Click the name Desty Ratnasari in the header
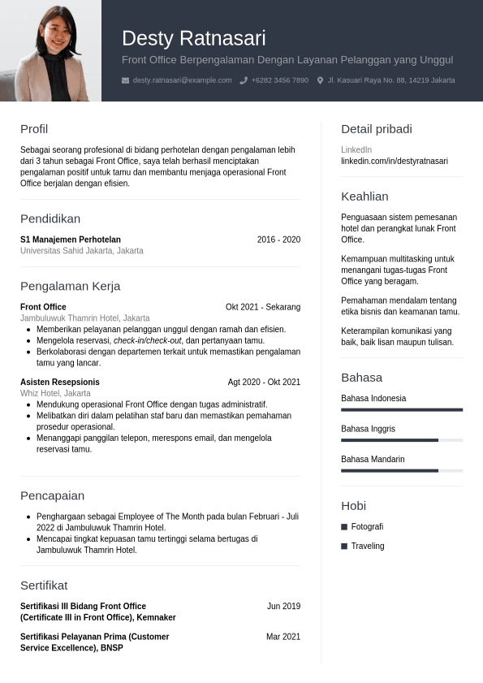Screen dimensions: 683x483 click(193, 38)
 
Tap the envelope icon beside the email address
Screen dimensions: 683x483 click(125, 80)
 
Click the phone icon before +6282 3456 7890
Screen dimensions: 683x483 click(244, 80)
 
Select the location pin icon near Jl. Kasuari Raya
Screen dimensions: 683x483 click(320, 80)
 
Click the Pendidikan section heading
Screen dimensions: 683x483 click(50, 218)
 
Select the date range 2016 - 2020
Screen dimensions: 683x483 click(278, 240)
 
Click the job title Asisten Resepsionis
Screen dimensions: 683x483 click(60, 382)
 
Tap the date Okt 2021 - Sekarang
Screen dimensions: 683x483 click(263, 307)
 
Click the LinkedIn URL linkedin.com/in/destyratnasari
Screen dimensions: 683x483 click(395, 161)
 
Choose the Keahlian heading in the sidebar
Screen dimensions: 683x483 click(364, 197)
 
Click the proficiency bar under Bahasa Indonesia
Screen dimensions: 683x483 click(402, 409)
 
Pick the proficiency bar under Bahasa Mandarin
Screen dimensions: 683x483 click(402, 470)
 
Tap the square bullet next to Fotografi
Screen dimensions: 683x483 click(344, 527)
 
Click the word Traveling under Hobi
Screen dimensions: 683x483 click(368, 546)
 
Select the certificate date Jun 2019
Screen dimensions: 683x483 click(283, 606)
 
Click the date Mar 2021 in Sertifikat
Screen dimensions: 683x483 click(283, 637)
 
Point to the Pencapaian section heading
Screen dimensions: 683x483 click(52, 495)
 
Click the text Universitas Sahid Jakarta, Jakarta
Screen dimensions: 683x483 click(81, 251)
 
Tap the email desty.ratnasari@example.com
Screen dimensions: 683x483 click(182, 80)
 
